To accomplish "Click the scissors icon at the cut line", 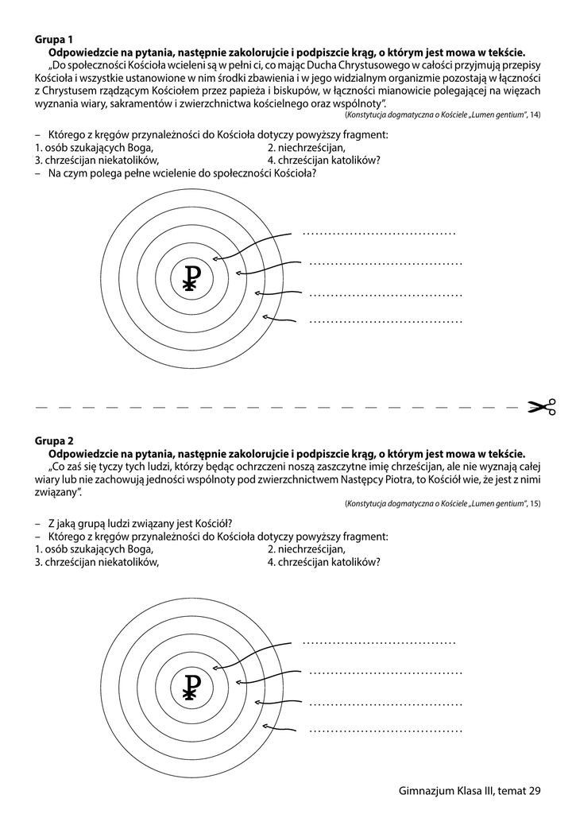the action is pos(542,408).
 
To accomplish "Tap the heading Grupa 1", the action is pos(54,38).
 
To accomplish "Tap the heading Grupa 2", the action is pos(54,440).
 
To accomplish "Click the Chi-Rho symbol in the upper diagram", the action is pos(190,277).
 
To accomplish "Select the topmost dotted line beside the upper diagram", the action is pos(379,234).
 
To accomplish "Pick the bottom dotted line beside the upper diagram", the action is pos(385,322).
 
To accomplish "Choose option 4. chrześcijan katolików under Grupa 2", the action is pos(323,562).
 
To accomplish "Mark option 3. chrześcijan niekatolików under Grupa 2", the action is pos(97,562).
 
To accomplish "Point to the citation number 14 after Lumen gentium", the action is pos(535,116).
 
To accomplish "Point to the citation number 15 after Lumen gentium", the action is pos(535,504).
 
